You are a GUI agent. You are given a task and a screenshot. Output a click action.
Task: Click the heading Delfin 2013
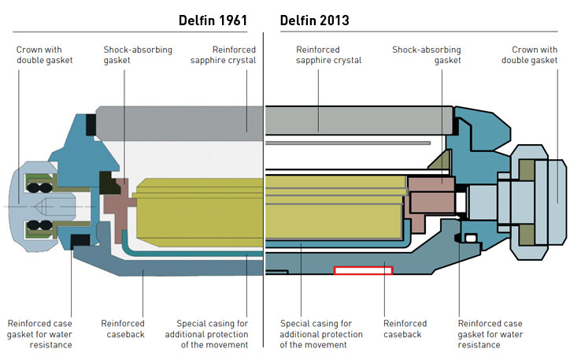click(x=315, y=20)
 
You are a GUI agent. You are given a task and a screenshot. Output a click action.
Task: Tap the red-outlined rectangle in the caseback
click(x=363, y=270)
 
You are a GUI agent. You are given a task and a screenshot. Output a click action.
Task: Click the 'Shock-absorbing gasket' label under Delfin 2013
click(x=426, y=55)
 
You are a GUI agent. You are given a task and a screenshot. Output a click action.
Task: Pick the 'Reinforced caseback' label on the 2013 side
click(x=405, y=328)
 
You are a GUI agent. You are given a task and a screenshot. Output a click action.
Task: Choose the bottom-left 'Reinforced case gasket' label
click(x=39, y=334)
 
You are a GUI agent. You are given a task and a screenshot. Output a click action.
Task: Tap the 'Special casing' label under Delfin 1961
click(x=213, y=334)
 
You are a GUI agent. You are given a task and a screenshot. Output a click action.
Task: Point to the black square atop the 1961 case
click(x=91, y=124)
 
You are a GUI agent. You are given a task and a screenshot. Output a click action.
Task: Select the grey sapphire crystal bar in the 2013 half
click(x=358, y=121)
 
